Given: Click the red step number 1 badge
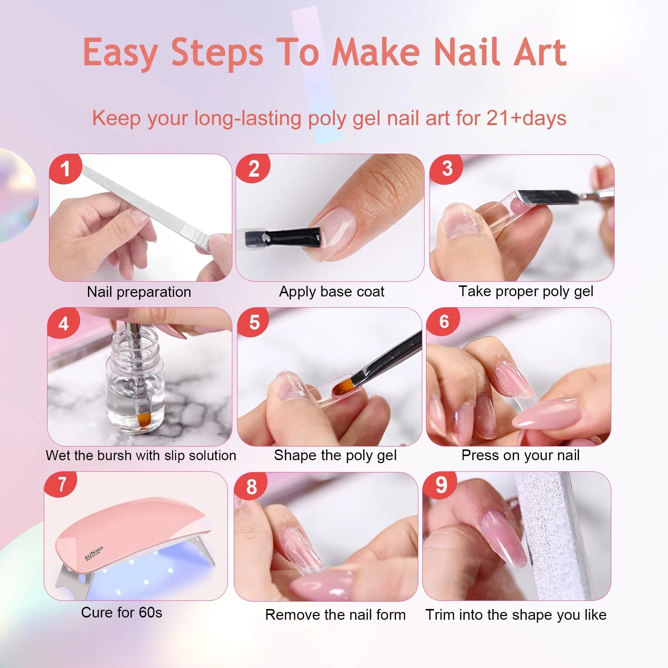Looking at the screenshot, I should pos(65,169).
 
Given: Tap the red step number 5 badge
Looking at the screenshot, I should pos(254,322).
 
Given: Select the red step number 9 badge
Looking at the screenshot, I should pos(441,485).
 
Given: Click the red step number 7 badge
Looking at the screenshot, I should pos(62,484).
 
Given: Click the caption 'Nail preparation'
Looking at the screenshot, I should pos(139,292).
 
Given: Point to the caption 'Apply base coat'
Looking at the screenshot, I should pos(331,292).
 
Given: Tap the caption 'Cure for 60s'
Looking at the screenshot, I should pos(121,613).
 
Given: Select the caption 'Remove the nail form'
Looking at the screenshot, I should pos(335,615).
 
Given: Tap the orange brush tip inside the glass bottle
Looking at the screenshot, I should pos(143,420).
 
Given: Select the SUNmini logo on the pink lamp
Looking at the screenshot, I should pos(94,554).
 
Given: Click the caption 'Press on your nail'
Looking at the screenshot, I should pos(520,455).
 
